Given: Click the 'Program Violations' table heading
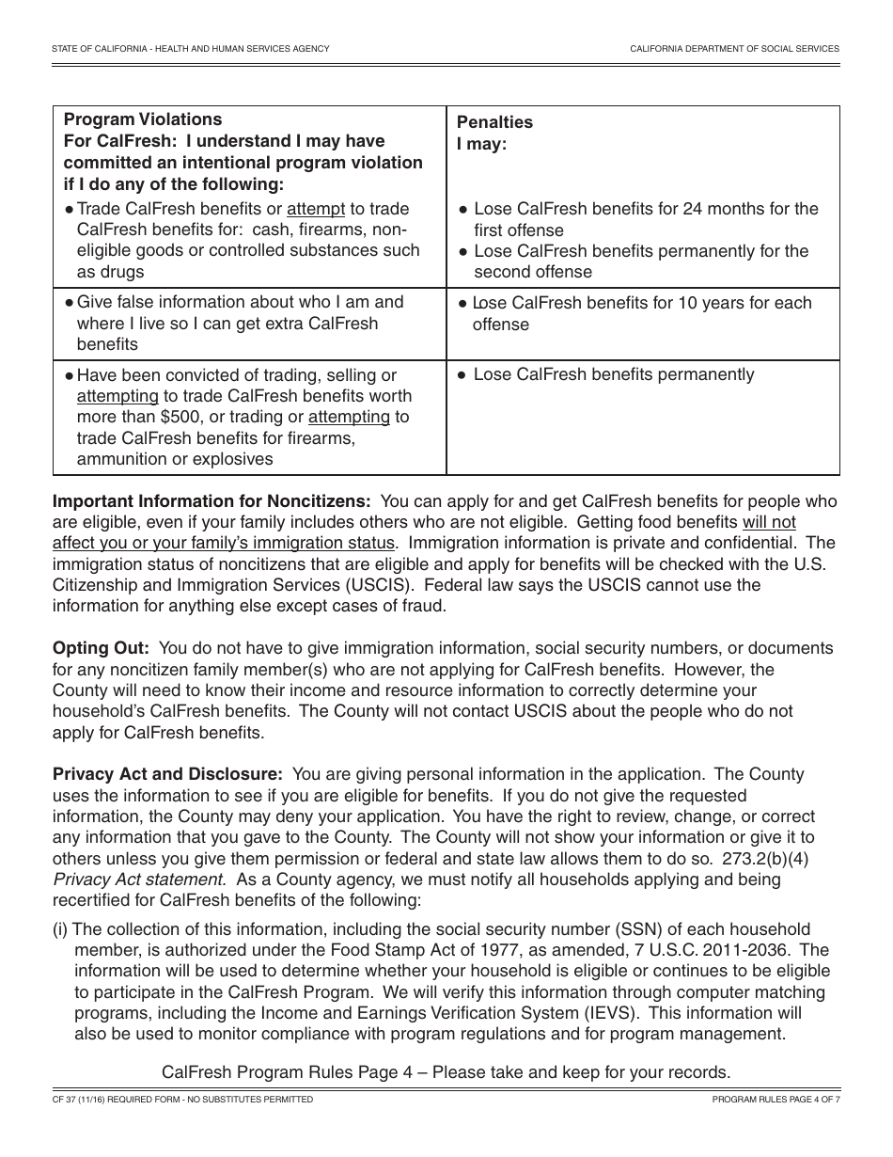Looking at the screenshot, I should (x=143, y=119).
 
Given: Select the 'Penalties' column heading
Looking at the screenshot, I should (x=494, y=122).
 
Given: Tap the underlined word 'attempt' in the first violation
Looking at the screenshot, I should (x=316, y=209).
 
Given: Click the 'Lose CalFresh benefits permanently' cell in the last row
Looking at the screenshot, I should (x=613, y=374).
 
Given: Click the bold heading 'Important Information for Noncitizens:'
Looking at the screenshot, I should (x=211, y=502).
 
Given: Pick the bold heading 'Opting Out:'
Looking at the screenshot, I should (x=101, y=649).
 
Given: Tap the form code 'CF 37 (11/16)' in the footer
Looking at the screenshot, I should (x=84, y=1099).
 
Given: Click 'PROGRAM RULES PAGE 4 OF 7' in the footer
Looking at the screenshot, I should (x=775, y=1099).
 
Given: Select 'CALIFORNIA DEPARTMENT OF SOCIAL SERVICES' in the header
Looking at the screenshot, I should (x=734, y=48).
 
